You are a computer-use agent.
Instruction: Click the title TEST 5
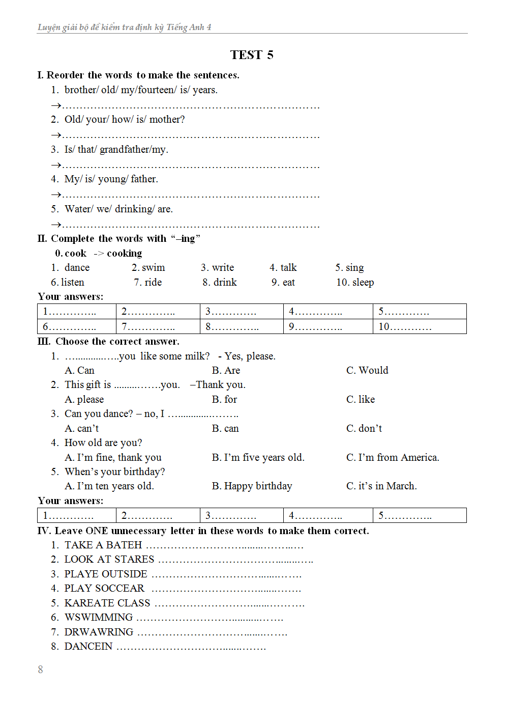(252, 55)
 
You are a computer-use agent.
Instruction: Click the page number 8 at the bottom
(41, 670)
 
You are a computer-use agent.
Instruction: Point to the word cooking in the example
(124, 254)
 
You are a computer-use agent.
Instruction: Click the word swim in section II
(153, 268)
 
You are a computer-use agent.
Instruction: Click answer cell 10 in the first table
(419, 327)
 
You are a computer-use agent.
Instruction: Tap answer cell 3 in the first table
(241, 312)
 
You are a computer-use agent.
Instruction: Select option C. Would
(367, 371)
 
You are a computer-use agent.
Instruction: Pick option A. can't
(82, 429)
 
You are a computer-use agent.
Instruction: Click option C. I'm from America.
(393, 458)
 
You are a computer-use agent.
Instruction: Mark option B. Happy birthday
(252, 486)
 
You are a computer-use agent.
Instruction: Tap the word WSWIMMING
(99, 618)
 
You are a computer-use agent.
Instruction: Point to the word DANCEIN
(88, 647)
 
